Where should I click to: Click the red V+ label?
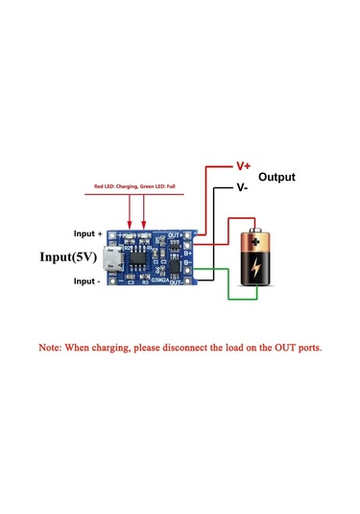[x=243, y=165]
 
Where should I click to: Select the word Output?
[x=277, y=178]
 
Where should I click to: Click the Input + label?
[x=87, y=233]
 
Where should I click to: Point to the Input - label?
[x=86, y=281]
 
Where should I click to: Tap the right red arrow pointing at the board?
[x=145, y=213]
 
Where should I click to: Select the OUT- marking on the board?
[x=177, y=282]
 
